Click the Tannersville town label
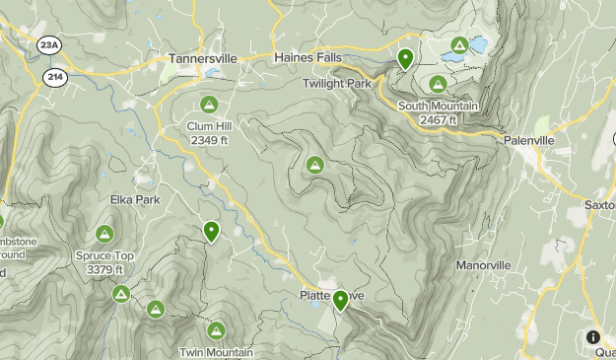click(203, 58)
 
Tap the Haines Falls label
click(308, 58)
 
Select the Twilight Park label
click(337, 85)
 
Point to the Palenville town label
click(529, 141)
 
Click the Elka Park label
click(134, 199)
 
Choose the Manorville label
click(483, 265)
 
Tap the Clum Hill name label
click(208, 125)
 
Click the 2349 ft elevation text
click(208, 139)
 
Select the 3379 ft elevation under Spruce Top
click(104, 269)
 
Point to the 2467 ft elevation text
click(438, 119)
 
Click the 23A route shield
click(48, 44)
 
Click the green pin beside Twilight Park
click(404, 59)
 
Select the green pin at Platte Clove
click(341, 300)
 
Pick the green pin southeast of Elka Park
click(211, 232)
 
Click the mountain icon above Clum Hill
click(208, 104)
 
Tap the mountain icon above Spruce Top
click(104, 234)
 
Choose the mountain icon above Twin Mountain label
click(216, 330)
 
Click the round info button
click(593, 336)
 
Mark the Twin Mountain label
click(216, 352)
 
